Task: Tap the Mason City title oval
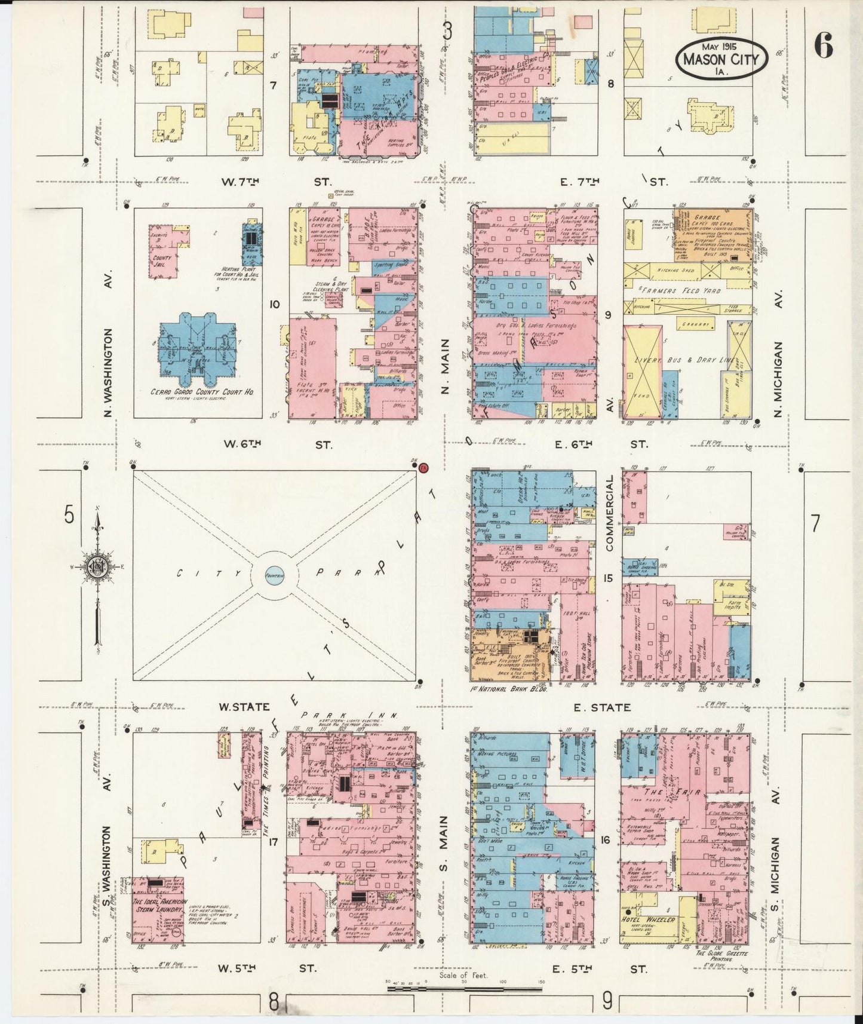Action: [x=721, y=59]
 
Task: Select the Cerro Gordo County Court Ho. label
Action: [x=197, y=393]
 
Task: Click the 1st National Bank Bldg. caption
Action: [x=509, y=689]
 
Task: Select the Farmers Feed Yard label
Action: [x=681, y=290]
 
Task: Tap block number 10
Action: [x=274, y=305]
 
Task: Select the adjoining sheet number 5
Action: [x=70, y=514]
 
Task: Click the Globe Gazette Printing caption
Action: [x=721, y=956]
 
